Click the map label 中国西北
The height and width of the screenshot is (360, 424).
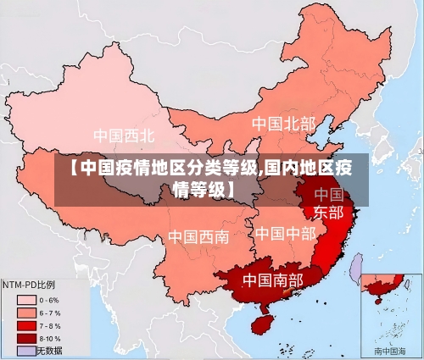(x=124, y=136)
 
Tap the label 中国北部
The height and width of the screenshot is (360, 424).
(x=283, y=125)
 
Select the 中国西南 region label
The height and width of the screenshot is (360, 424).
(x=198, y=236)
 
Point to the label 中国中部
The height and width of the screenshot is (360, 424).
(x=285, y=233)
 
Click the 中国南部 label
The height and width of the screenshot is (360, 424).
(x=272, y=279)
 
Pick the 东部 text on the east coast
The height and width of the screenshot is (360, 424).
(x=329, y=212)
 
